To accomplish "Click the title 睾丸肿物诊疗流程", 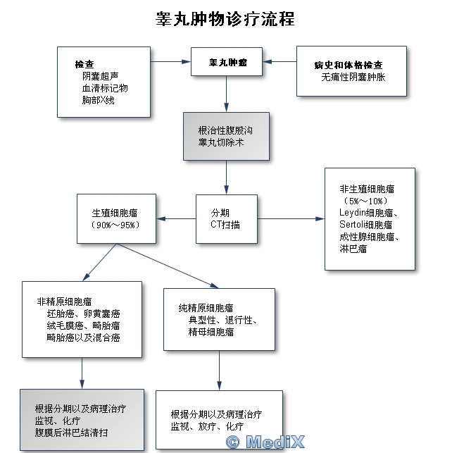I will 225,19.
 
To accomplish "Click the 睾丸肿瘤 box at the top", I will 227,62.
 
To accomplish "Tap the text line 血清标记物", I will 105,88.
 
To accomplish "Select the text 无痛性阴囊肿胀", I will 353,77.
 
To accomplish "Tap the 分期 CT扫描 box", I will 226,218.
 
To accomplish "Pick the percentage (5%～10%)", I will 368,200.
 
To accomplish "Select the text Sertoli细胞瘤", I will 365,224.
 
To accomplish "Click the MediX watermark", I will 265,442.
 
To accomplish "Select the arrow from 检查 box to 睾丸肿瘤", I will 170,61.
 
